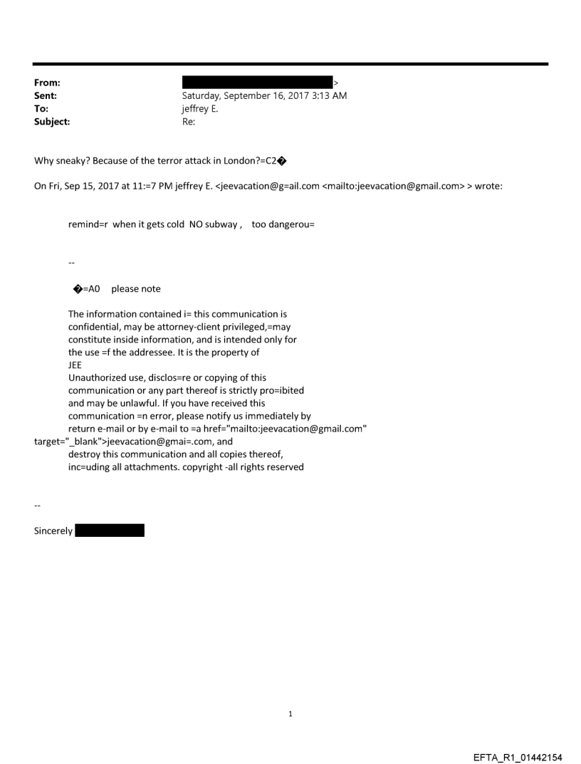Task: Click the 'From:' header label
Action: [x=46, y=83]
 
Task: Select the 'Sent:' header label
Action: [x=46, y=96]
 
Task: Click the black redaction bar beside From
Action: [x=257, y=83]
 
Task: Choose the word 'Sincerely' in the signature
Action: [x=53, y=531]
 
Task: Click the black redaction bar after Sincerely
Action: [x=110, y=530]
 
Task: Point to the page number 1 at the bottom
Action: [x=290, y=714]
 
